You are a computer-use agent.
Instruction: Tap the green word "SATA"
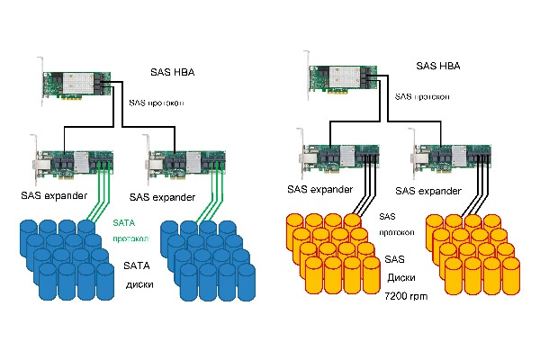[124, 222]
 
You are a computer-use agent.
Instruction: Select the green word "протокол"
[130, 240]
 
